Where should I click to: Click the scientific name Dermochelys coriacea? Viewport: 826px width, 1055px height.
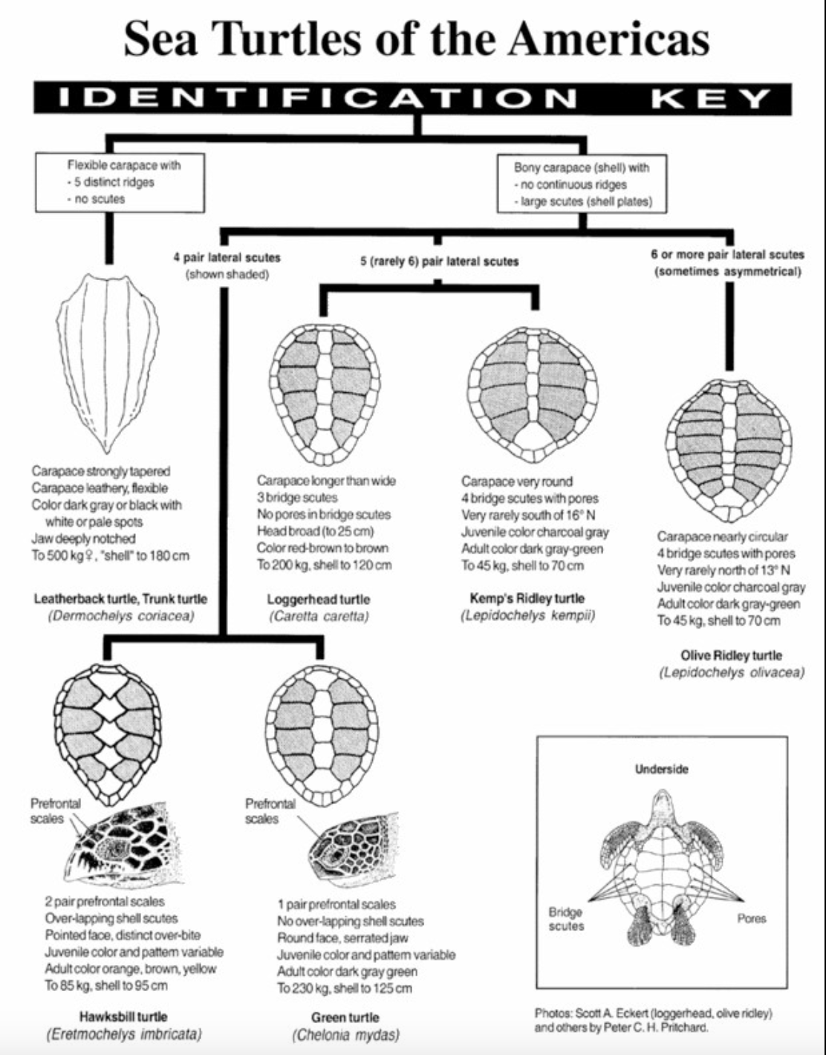coord(121,616)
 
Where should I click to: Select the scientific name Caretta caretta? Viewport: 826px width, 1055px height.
coord(319,616)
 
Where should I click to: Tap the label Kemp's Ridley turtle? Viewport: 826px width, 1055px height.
coord(527,598)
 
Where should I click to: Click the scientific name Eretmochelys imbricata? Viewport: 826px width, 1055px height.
coord(123,1033)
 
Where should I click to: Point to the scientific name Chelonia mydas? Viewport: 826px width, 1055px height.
coord(345,1034)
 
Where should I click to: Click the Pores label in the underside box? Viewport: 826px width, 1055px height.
coord(752,918)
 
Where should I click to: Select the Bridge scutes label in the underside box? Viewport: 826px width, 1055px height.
coord(566,919)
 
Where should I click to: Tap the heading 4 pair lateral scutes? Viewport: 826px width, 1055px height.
coord(227,258)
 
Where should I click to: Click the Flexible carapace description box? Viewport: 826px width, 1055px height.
coord(120,182)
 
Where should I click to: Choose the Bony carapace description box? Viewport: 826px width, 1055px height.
coord(582,184)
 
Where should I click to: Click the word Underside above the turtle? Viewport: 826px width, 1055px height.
coord(661,769)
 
